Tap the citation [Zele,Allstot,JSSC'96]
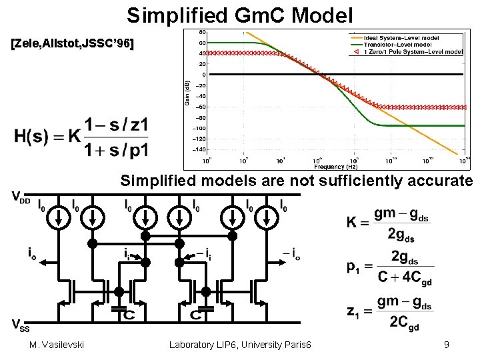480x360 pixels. [72, 45]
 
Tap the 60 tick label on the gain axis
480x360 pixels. [201, 42]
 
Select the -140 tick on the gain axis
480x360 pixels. [199, 149]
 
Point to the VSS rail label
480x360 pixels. [20, 325]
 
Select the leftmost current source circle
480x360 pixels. [60, 217]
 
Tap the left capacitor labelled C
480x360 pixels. [120, 313]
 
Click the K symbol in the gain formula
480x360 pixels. [352, 223]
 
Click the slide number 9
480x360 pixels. [446, 345]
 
